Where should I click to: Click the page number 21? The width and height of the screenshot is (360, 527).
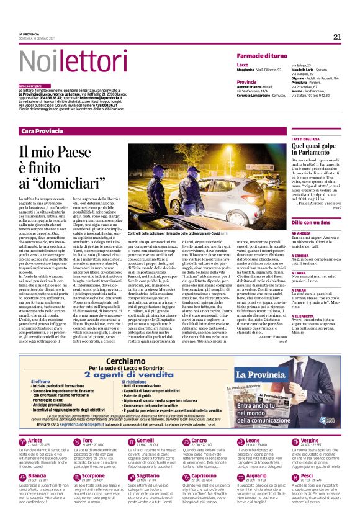[x=337, y=37]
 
